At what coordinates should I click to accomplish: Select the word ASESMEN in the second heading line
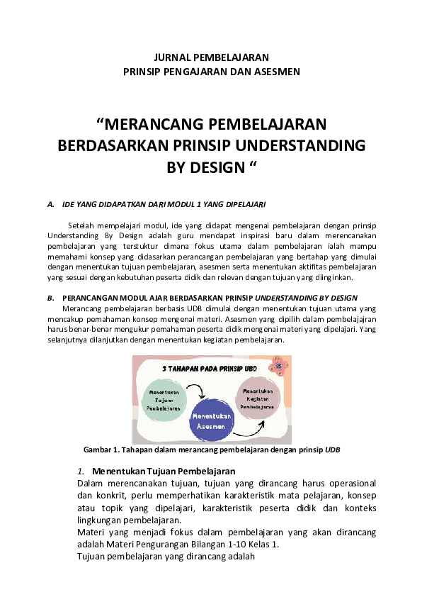pos(278,71)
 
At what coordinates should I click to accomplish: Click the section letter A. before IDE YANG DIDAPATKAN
pos(50,205)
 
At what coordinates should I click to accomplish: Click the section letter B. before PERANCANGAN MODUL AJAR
pos(50,297)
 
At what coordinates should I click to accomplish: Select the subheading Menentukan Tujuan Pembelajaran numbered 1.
pos(163,471)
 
